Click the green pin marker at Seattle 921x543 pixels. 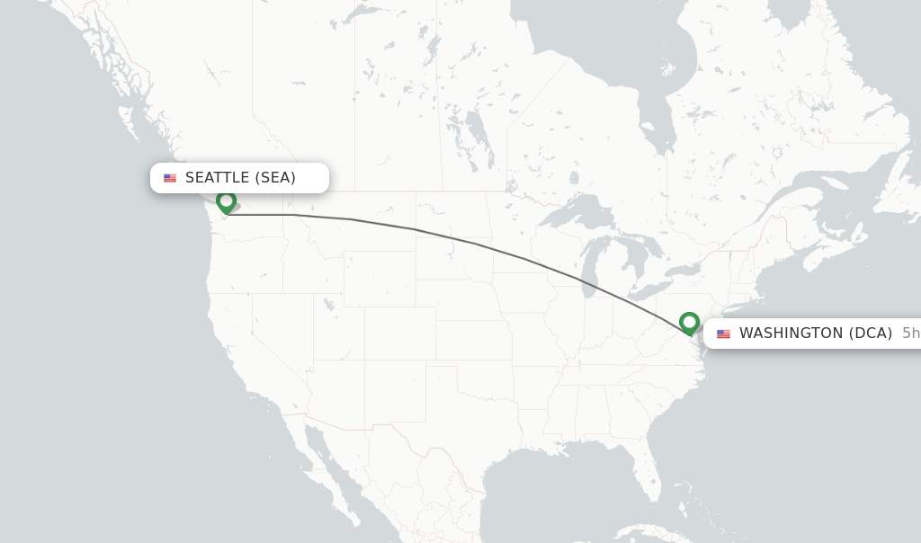click(x=226, y=201)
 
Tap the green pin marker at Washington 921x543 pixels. click(x=689, y=322)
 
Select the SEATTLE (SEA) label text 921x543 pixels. click(x=240, y=178)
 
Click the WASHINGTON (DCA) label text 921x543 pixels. click(x=815, y=334)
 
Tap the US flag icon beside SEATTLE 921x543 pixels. click(x=170, y=178)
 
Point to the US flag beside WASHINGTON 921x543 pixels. click(x=723, y=334)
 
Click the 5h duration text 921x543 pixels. click(x=910, y=334)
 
